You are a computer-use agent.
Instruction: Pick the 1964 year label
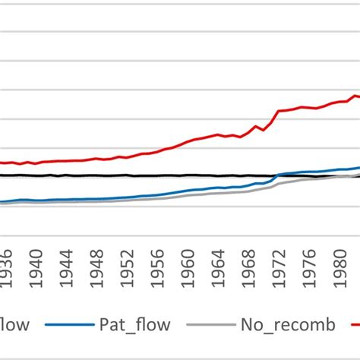[219, 267]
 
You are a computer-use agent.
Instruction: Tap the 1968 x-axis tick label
[249, 267]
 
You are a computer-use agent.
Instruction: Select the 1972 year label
[279, 267]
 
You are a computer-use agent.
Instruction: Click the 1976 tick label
[309, 267]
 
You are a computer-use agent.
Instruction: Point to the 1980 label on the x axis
[339, 267]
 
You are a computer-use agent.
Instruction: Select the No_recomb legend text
[289, 326]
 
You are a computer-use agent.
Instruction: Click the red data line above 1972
[279, 112]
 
